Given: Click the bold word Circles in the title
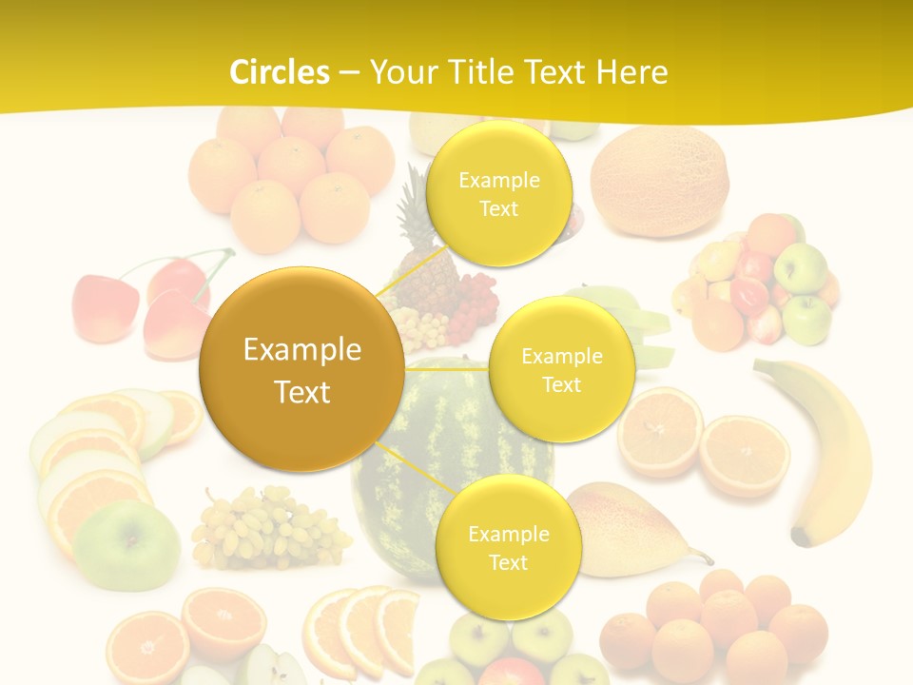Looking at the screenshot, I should click(x=280, y=72).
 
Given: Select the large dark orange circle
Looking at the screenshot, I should click(x=301, y=369).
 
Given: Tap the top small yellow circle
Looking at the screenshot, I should click(x=498, y=194).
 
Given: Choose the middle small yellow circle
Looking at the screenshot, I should click(x=562, y=370).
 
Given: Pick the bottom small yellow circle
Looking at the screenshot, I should click(x=508, y=548).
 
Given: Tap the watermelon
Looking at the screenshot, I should click(x=447, y=495).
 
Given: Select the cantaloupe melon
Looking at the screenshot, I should click(x=659, y=181).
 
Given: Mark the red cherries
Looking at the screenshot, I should click(x=143, y=304).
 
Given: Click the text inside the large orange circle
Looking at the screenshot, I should click(x=301, y=370).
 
